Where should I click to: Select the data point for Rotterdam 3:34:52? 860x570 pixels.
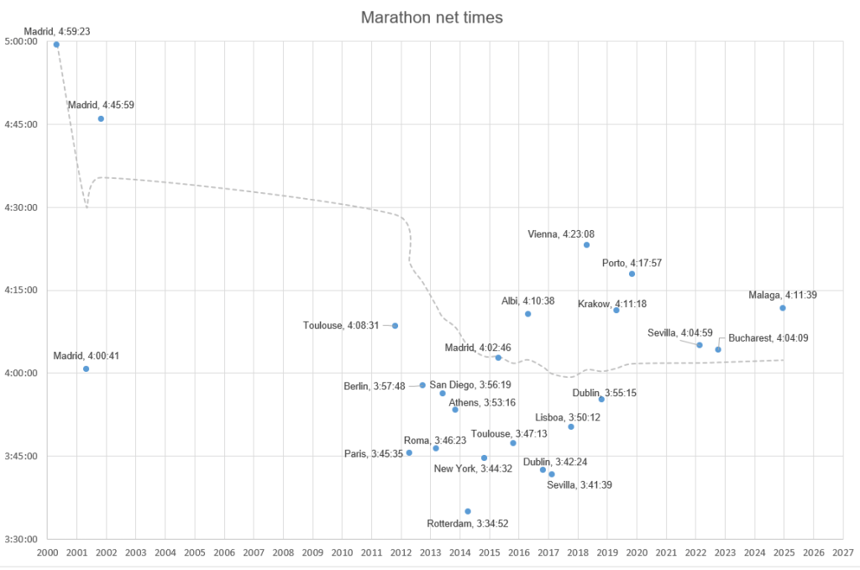click(468, 511)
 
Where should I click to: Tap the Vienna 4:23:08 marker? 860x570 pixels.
click(586, 244)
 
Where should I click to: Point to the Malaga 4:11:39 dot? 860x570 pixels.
click(783, 308)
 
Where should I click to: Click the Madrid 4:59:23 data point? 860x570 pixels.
click(56, 44)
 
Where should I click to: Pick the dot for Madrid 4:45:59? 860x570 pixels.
click(101, 118)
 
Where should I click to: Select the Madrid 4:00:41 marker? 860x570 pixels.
click(86, 369)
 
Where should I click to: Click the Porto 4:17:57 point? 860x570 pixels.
click(632, 274)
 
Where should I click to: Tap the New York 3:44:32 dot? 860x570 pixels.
click(484, 458)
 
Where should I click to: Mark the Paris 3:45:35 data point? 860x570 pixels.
click(409, 452)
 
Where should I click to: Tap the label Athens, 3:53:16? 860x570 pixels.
click(482, 402)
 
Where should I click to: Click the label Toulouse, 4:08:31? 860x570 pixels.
click(345, 325)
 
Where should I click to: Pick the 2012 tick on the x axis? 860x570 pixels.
click(401, 552)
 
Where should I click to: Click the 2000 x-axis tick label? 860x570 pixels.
click(48, 552)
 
